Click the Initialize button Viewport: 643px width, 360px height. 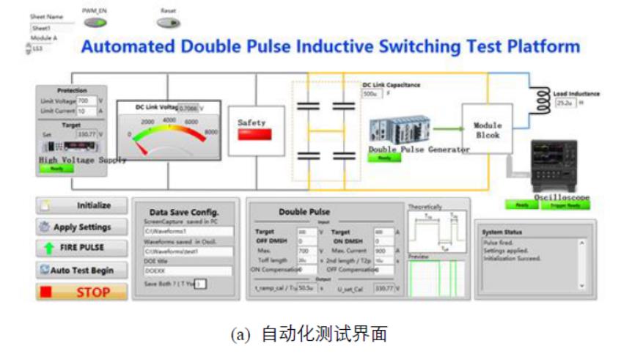(81, 206)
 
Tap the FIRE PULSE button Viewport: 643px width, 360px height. (81, 248)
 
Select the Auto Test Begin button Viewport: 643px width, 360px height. (81, 270)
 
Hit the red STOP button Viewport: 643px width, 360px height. (81, 292)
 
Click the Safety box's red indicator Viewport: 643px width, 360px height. (255, 136)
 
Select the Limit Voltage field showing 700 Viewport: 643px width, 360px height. (84, 100)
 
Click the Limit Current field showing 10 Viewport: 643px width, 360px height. (84, 111)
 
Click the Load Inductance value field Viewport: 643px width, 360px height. (565, 103)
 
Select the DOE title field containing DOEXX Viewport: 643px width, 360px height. (188, 271)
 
